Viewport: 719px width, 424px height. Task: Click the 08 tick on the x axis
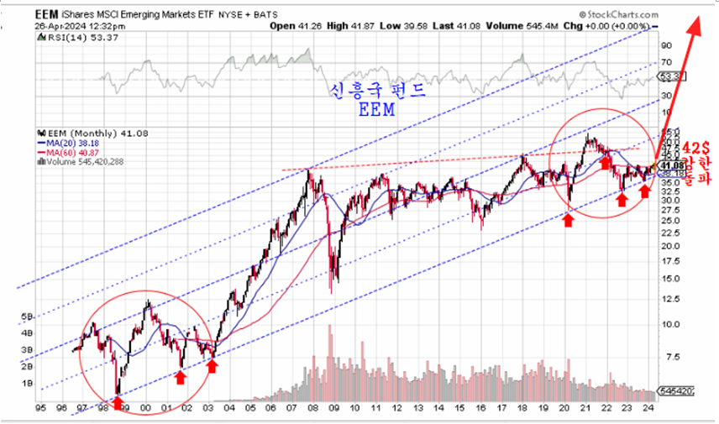coord(312,409)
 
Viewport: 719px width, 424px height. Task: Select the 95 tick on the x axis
coord(39,409)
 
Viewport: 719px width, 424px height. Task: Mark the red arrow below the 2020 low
coord(569,220)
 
